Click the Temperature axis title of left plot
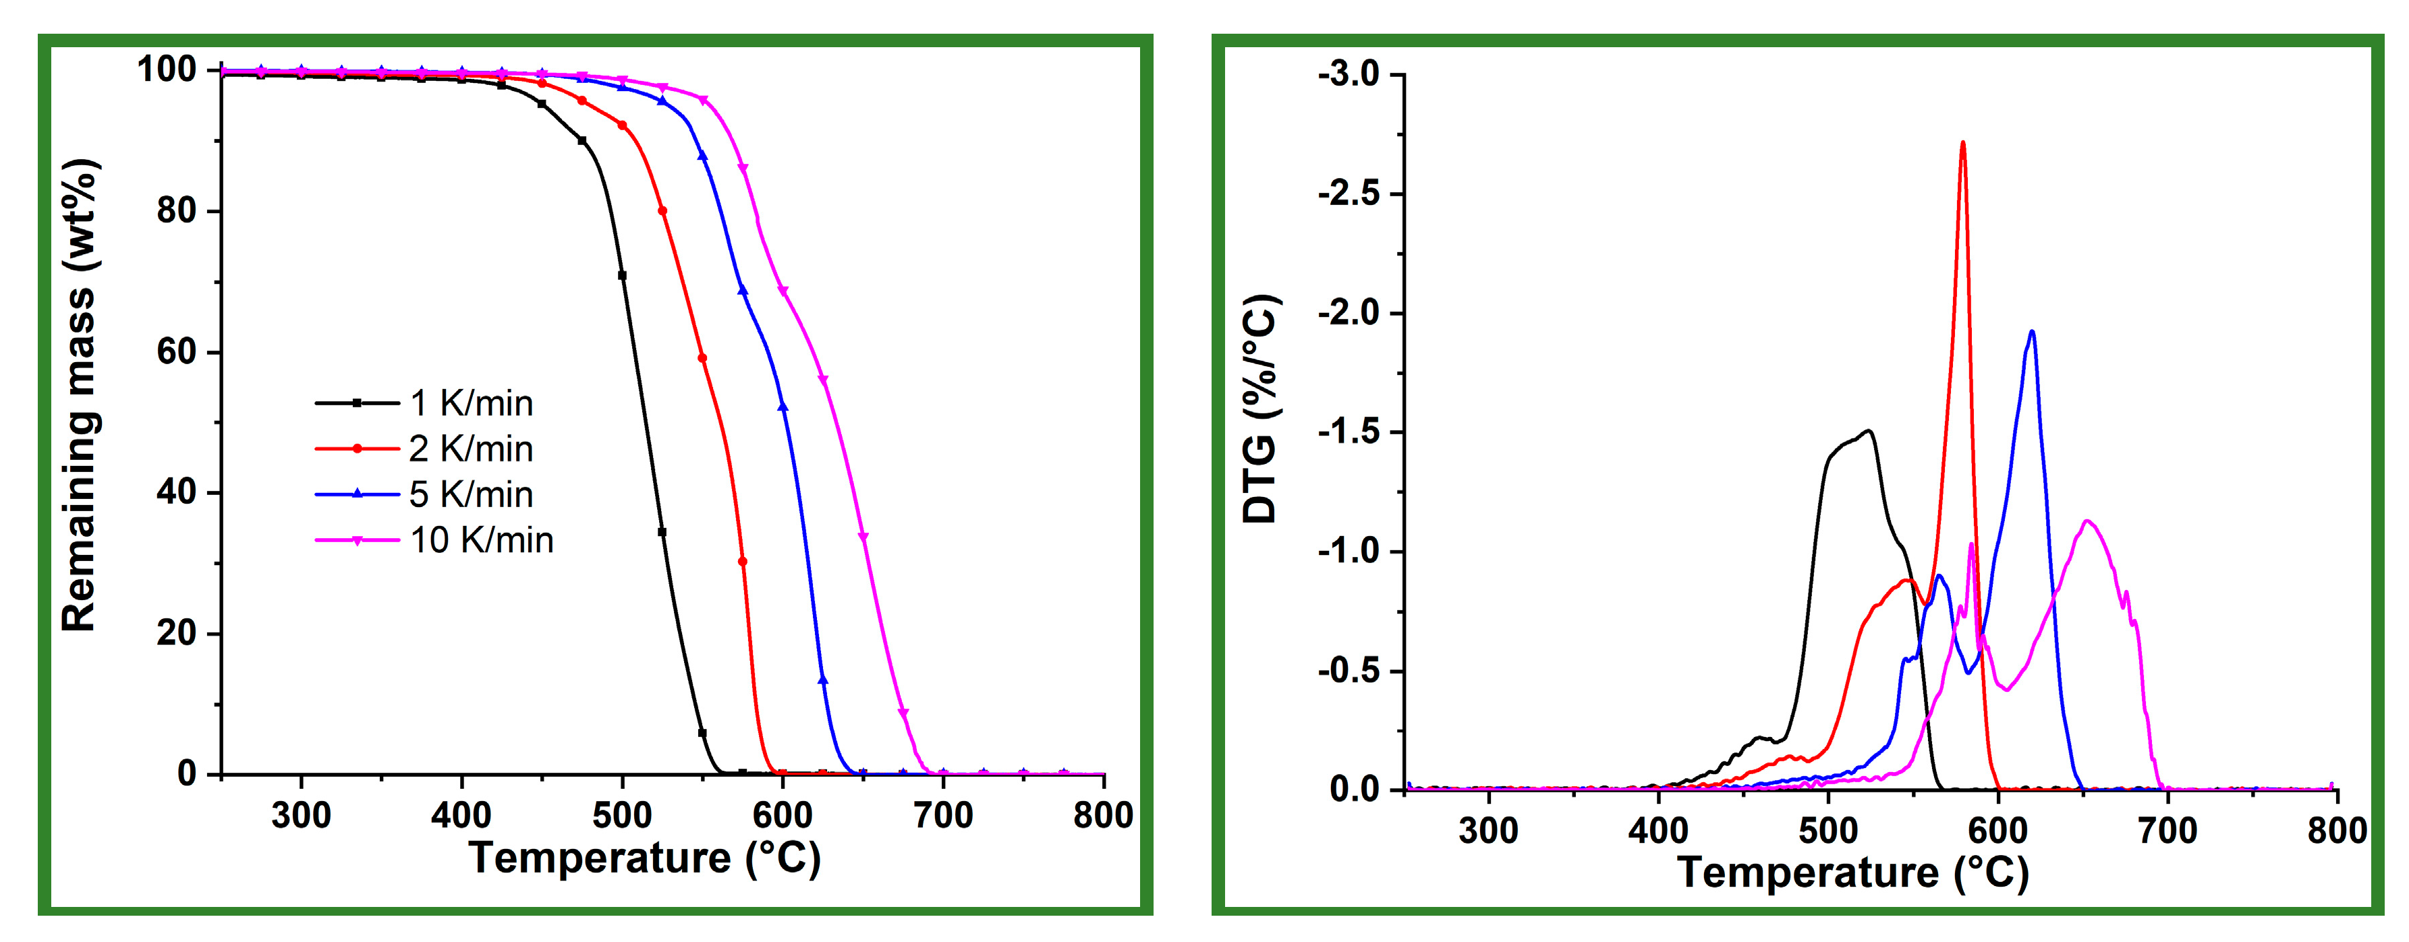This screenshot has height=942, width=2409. click(644, 858)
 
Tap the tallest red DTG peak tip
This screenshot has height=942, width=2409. click(1963, 143)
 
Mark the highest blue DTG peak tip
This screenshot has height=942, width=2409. click(2031, 332)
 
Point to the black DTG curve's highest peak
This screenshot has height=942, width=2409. click(1869, 431)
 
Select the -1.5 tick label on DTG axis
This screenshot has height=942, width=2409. click(1349, 432)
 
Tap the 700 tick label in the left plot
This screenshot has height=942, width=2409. click(942, 816)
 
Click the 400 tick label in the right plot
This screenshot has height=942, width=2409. click(1658, 831)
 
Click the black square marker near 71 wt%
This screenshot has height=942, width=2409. click(622, 276)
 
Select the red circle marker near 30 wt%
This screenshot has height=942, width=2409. click(743, 562)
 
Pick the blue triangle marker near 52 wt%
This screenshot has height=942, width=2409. click(783, 407)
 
